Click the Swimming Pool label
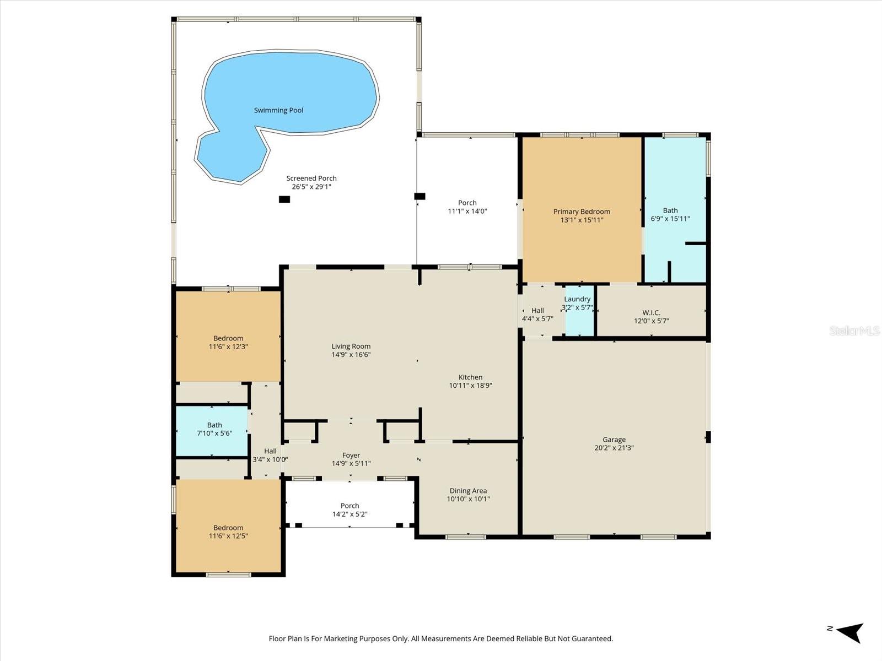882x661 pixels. [278, 110]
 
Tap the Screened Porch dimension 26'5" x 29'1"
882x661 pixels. [311, 187]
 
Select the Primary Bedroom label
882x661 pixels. [582, 212]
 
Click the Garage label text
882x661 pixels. [614, 440]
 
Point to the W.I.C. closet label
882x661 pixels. [651, 312]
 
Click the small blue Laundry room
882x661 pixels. [579, 319]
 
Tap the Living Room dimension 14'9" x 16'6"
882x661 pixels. [351, 355]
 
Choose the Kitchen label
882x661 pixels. [470, 377]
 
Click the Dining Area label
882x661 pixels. [468, 491]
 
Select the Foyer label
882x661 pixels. [351, 455]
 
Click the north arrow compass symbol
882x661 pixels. [850, 632]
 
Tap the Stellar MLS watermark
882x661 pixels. [854, 330]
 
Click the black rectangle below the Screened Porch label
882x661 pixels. [284, 199]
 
